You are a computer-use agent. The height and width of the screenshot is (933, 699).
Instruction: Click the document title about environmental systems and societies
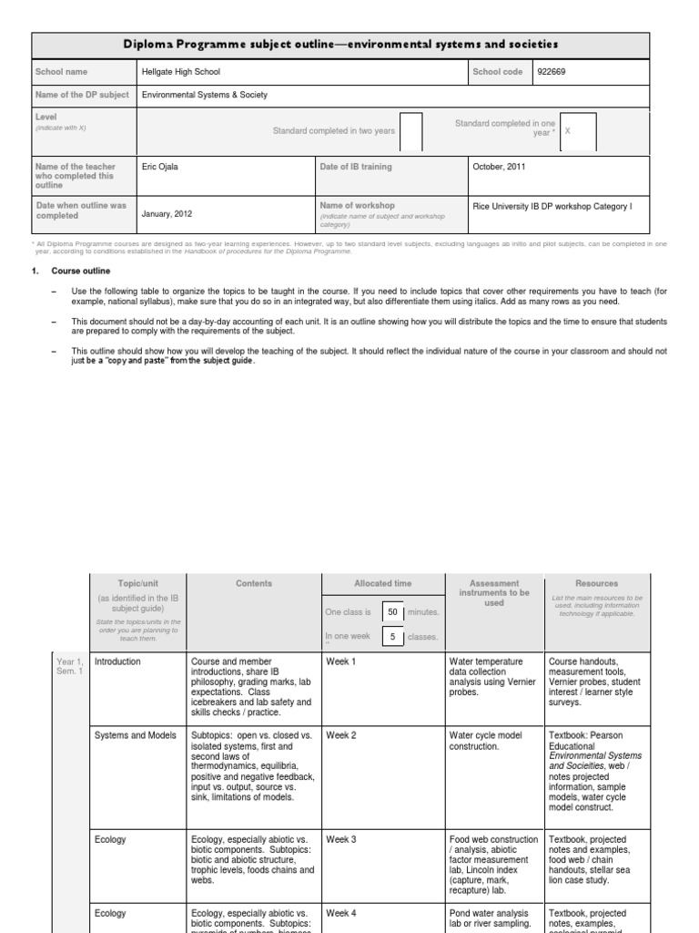point(341,44)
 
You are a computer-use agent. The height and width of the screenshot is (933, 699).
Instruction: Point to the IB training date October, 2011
point(499,167)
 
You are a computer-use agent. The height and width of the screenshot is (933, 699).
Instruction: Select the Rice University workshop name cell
point(552,207)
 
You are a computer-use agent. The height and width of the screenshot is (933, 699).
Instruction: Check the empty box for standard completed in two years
point(411,131)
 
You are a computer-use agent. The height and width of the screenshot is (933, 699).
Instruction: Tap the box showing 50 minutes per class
point(392,612)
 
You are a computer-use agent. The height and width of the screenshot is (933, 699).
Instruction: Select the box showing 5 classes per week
point(392,637)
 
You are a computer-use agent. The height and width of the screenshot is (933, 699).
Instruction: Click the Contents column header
point(253,583)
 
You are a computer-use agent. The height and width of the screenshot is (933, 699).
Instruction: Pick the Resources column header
point(596,583)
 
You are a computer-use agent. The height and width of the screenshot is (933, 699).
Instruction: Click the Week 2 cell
point(341,734)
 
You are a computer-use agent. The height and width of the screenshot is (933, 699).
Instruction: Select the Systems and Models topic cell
point(135,734)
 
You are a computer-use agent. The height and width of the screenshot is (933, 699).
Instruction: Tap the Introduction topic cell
point(118,661)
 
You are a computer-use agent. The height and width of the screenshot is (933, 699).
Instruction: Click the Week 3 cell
point(341,838)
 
